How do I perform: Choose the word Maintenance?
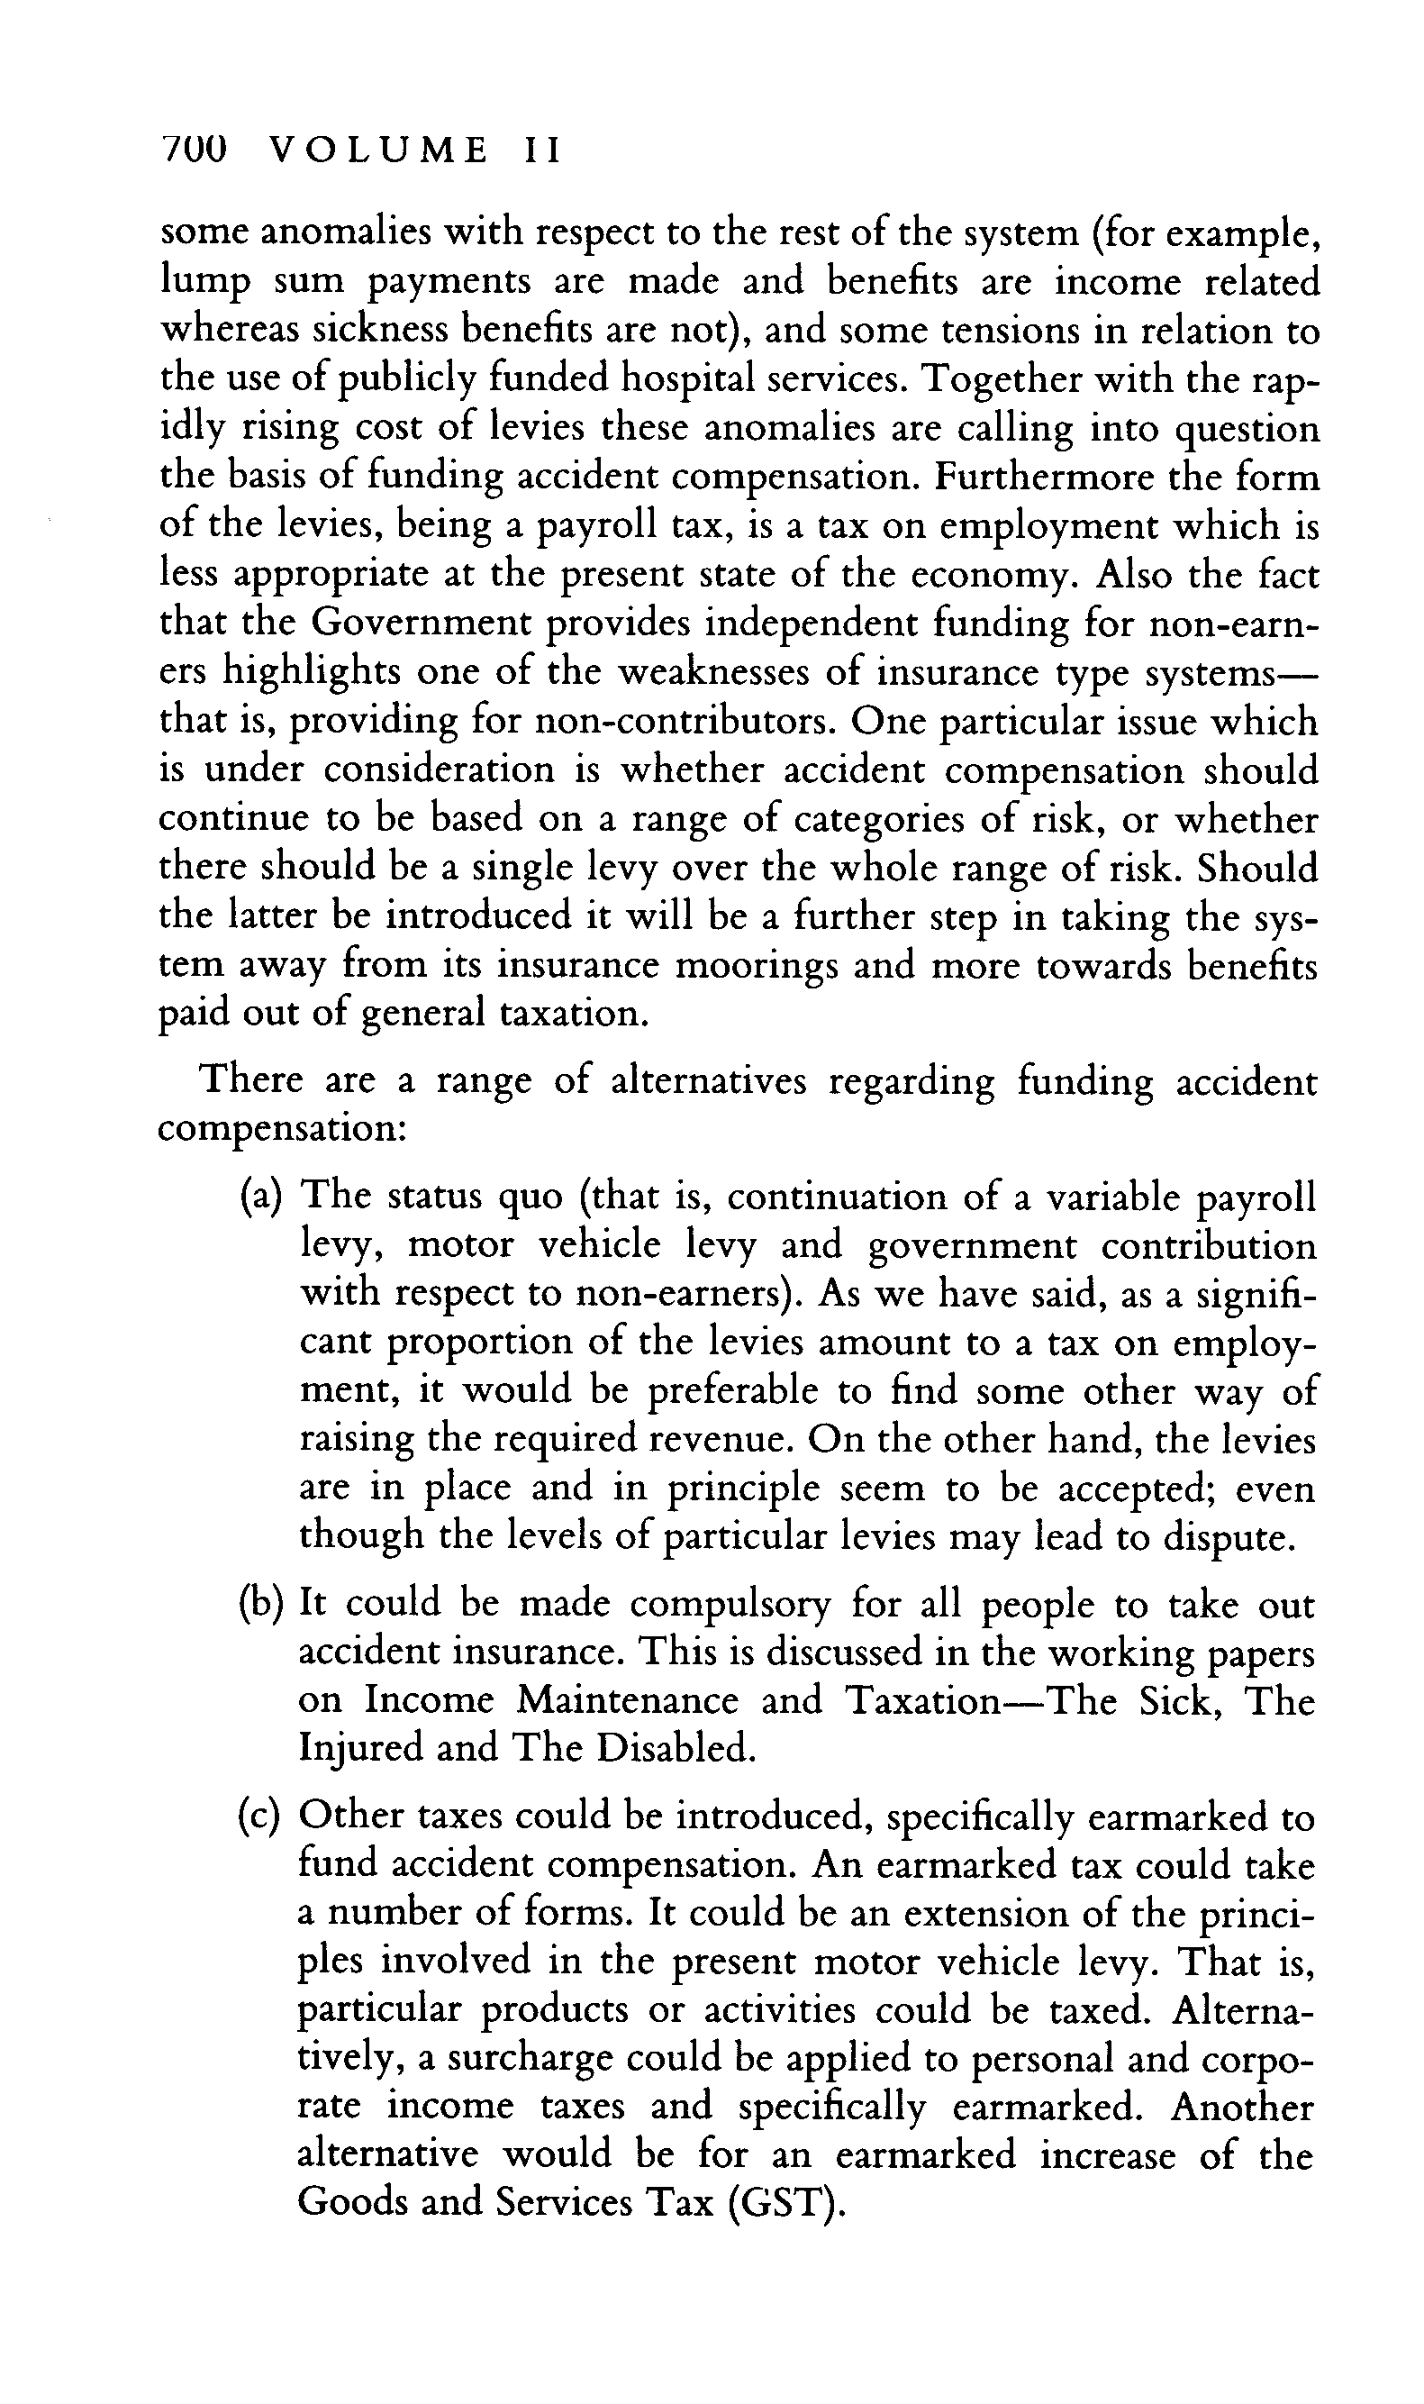628,1700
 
